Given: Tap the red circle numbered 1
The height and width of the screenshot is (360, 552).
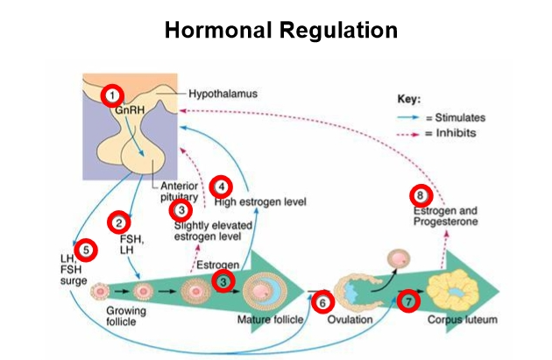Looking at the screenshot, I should click(x=113, y=94).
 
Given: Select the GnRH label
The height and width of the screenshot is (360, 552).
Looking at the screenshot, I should click(x=130, y=111).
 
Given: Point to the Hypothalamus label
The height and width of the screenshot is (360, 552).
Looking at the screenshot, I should click(x=220, y=94).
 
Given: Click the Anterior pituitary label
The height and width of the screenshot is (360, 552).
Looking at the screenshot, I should click(x=180, y=192).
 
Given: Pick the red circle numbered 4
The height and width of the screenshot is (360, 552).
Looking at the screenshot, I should click(x=222, y=186).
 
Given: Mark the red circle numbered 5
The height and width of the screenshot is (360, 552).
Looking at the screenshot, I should click(x=84, y=251).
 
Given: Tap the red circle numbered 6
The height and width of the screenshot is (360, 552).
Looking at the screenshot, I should click(x=323, y=302).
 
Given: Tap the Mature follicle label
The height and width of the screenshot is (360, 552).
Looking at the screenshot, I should click(x=269, y=321).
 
